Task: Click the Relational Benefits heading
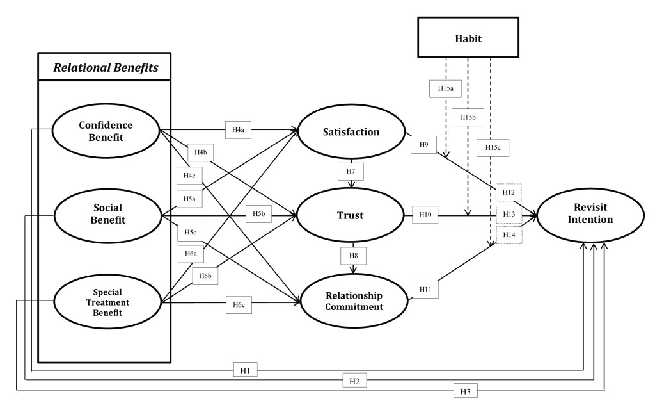click(x=106, y=67)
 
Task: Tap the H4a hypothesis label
click(x=238, y=129)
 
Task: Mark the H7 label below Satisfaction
click(x=351, y=171)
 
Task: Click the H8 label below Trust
click(x=353, y=256)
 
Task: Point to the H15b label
click(x=468, y=117)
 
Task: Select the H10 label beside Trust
click(x=425, y=215)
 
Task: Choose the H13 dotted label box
click(x=509, y=214)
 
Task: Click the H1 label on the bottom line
click(x=245, y=370)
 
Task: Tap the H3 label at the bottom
click(x=466, y=391)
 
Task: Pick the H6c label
click(x=239, y=305)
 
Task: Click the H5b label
click(x=258, y=214)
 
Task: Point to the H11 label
click(x=425, y=289)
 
